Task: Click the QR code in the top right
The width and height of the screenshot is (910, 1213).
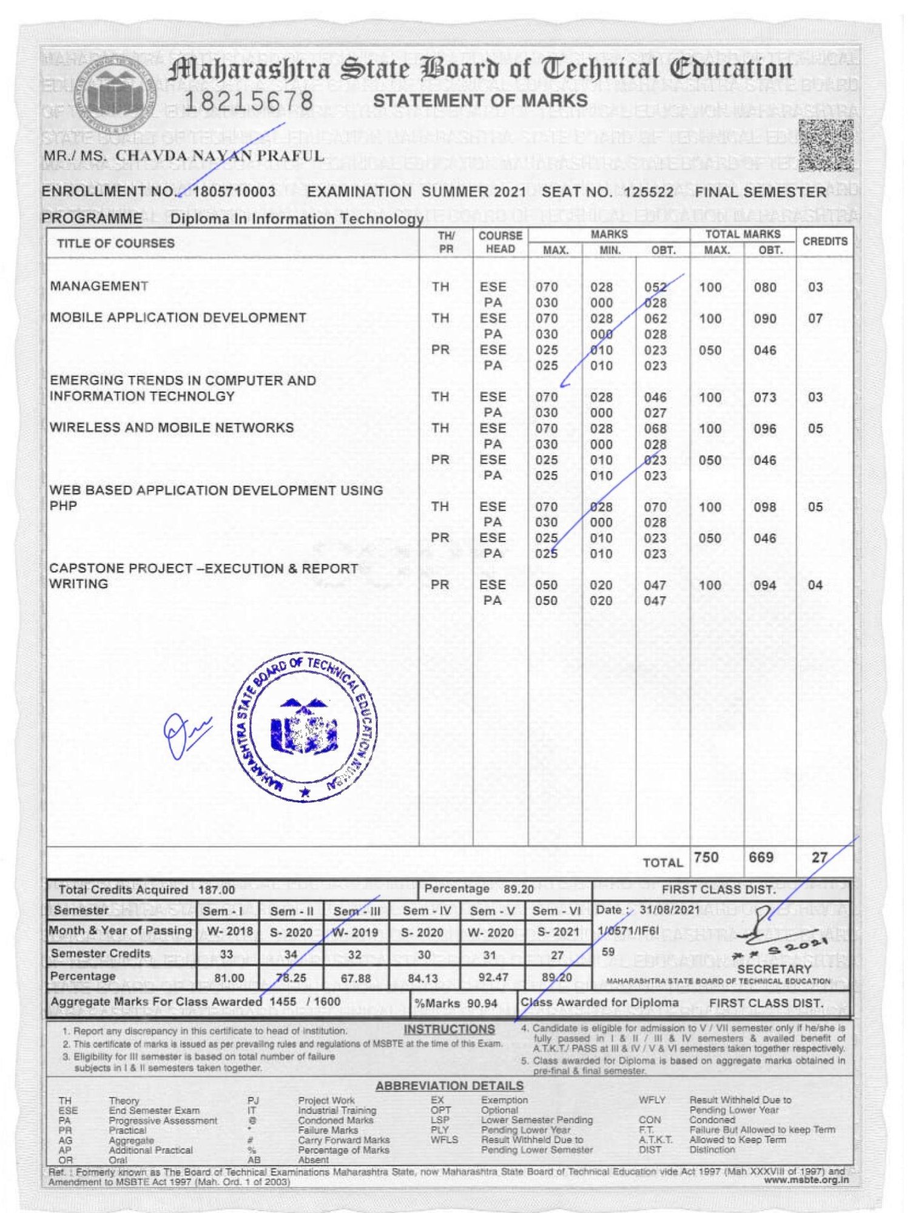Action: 826,146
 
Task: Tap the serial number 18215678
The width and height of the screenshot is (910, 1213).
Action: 248,101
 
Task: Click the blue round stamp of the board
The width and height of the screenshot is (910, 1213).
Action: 304,728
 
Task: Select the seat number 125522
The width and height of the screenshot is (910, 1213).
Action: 649,192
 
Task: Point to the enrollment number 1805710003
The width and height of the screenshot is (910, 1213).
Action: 234,192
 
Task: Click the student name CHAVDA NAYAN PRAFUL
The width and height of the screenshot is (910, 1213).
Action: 220,156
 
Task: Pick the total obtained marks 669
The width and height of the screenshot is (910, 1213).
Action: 761,858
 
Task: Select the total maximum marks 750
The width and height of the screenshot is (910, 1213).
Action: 706,858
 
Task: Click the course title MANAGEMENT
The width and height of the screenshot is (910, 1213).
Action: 99,286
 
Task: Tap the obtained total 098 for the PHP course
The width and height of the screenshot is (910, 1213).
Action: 764,507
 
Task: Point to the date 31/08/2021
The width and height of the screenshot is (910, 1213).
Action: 670,910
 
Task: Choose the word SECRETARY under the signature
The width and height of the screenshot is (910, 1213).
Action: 774,969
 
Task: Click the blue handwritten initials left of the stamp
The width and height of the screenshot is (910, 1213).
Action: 185,734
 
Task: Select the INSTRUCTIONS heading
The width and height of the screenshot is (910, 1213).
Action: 449,1029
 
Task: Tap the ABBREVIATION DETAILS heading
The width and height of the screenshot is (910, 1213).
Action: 449,1086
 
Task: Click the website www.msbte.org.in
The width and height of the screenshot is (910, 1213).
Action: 806,1180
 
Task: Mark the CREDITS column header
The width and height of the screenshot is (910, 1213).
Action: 824,241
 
